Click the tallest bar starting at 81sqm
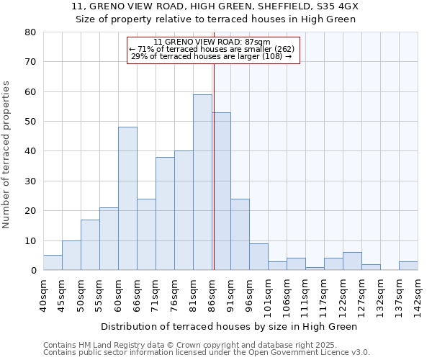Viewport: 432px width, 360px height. pos(202,182)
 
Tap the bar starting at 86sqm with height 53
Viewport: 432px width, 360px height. pos(221,192)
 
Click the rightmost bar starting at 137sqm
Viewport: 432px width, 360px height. pos(408,266)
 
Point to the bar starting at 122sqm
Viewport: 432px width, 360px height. pos(352,261)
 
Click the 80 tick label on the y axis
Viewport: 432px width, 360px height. pos(30,32)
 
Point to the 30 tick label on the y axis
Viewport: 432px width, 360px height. pos(30,181)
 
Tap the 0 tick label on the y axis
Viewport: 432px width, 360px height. pos(32,270)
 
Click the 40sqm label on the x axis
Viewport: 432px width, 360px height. pos(43,295)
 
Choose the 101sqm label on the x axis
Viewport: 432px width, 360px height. pos(268,295)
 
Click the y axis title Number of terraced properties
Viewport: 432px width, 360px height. pos(7,154)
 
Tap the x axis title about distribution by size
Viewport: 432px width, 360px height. pos(229,327)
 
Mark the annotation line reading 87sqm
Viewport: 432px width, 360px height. pos(212,42)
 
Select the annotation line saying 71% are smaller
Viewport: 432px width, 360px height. pos(212,49)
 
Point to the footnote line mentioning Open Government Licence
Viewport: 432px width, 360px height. pos(207,353)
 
